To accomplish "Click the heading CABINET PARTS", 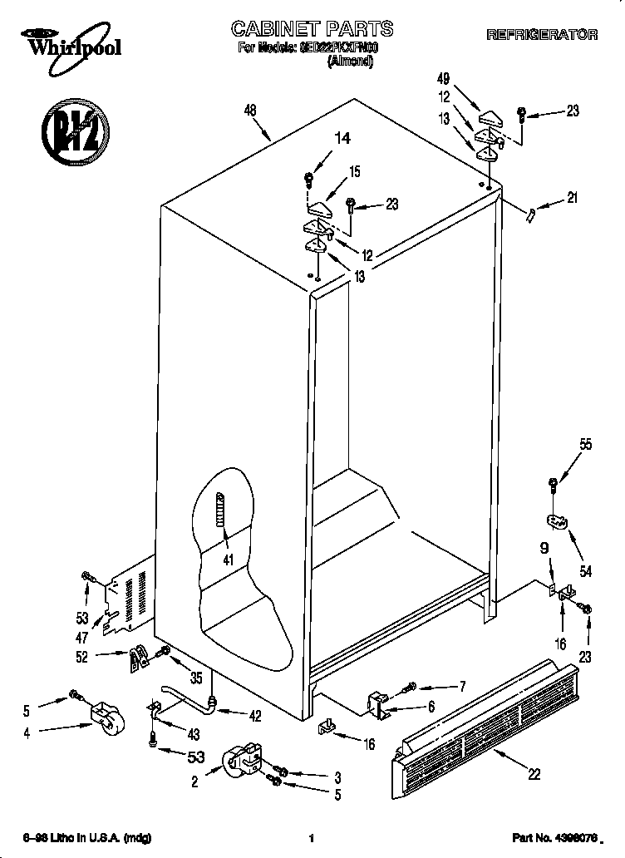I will point(312,30).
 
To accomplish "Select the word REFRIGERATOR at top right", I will point(541,35).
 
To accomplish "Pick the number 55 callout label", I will point(586,445).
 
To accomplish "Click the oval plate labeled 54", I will point(556,521).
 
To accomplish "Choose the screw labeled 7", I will point(411,687).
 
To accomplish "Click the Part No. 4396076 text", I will point(554,839).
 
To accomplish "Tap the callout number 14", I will point(342,140).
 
